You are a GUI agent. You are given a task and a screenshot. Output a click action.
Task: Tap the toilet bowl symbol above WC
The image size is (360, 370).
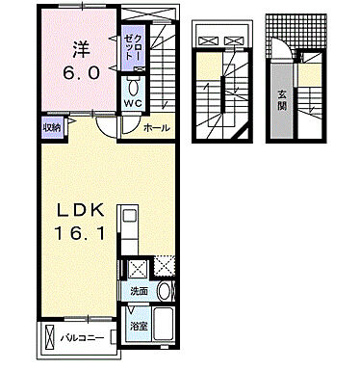tap(133, 85)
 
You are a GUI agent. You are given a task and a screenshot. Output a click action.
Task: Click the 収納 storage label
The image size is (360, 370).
tap(51, 126)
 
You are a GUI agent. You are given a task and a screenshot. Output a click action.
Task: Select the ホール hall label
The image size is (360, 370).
tap(156, 128)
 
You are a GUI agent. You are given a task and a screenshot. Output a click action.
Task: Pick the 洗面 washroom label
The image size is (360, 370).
tap(141, 291)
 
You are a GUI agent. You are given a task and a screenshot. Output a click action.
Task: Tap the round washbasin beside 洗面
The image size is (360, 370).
tap(166, 291)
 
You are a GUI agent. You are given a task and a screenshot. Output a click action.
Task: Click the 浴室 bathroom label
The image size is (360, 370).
tap(140, 326)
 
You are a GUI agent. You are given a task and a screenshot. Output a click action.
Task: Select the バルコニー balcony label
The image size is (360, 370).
tap(83, 338)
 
